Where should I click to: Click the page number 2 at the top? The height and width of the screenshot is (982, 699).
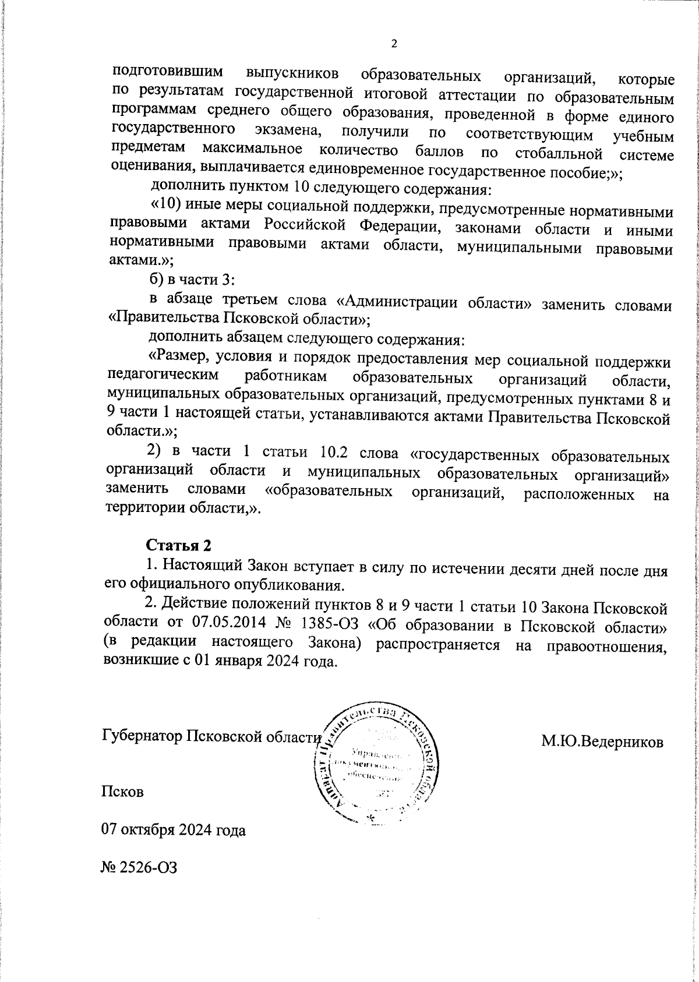point(394,44)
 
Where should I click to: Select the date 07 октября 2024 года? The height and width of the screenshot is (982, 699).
point(174,829)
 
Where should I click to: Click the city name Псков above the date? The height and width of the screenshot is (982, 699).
point(123,792)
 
